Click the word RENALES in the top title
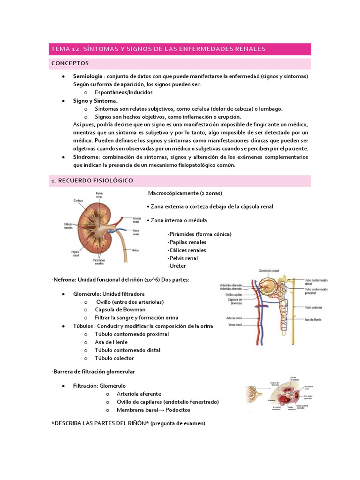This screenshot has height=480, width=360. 247,49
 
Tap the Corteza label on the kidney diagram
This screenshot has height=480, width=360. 78,201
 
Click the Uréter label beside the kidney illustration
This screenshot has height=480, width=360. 135,251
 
